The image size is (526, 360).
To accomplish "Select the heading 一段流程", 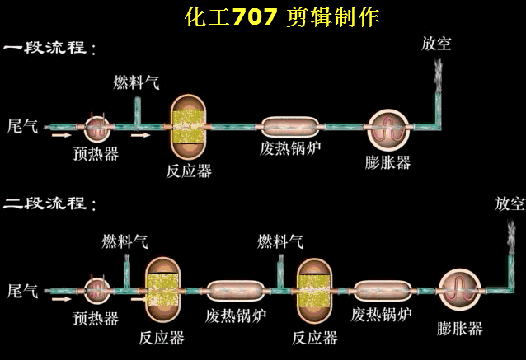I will pyautogui.click(x=49, y=48).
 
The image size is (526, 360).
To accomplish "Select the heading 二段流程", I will pyautogui.click(x=49, y=203).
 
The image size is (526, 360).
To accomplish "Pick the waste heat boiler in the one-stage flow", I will pyautogui.click(x=291, y=127).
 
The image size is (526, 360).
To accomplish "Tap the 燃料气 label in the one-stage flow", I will pyautogui.click(x=136, y=83).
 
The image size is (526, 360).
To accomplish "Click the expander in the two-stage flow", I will pyautogui.click(x=459, y=290).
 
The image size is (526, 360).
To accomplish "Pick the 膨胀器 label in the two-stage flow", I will pyautogui.click(x=459, y=329).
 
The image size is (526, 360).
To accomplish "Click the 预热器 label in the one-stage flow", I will pyautogui.click(x=96, y=153).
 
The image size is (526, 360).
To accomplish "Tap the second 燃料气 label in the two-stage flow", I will pyautogui.click(x=280, y=241).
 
